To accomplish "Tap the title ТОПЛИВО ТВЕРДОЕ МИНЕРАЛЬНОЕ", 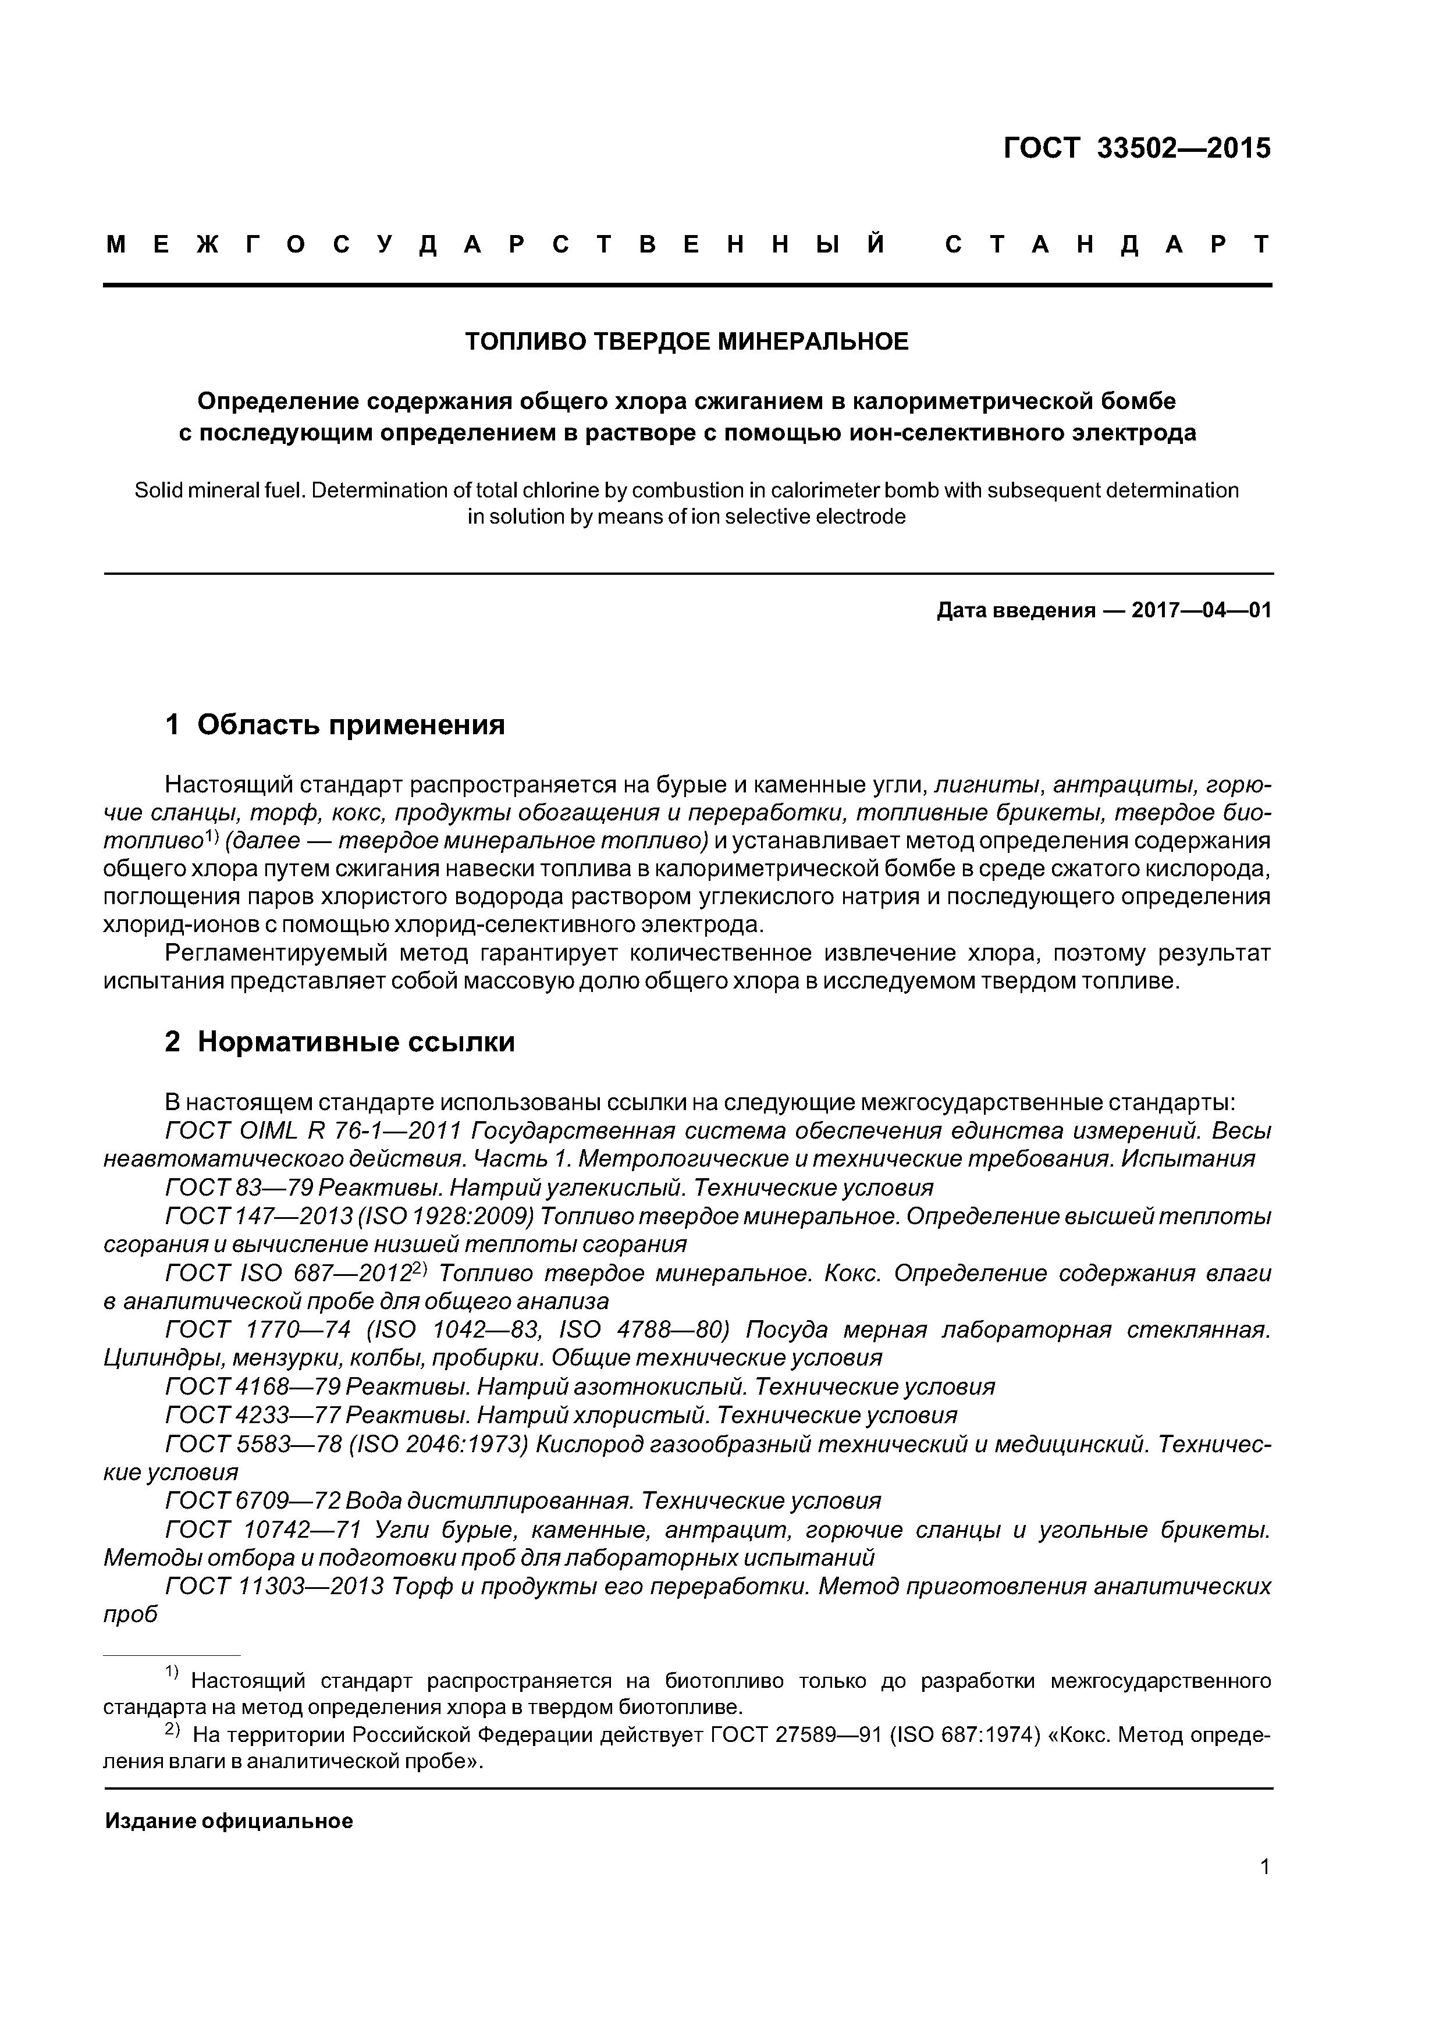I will [x=687, y=342].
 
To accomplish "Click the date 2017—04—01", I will [x=1201, y=611].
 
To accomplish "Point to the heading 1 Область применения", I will [x=335, y=726].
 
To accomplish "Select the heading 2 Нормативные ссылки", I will [x=340, y=1042].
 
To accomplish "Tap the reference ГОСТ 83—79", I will [x=239, y=1189].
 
